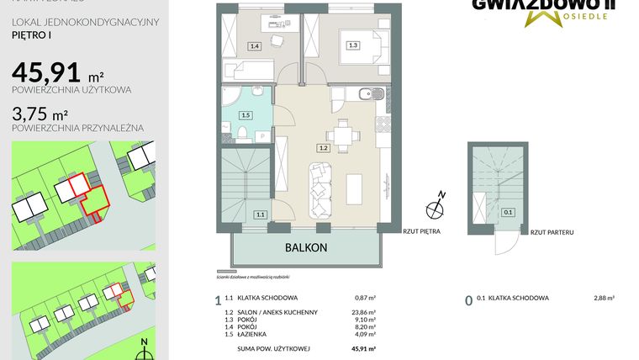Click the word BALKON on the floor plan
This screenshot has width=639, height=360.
click(305, 247)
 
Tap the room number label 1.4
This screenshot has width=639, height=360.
click(255, 46)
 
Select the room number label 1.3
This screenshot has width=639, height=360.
click(353, 45)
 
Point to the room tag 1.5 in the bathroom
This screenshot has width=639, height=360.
click(246, 115)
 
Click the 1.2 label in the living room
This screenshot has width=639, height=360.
click(322, 148)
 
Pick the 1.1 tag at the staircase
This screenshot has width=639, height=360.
click(261, 215)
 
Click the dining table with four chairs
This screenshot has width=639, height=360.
click(341, 134)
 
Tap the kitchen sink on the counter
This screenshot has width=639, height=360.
click(369, 93)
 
